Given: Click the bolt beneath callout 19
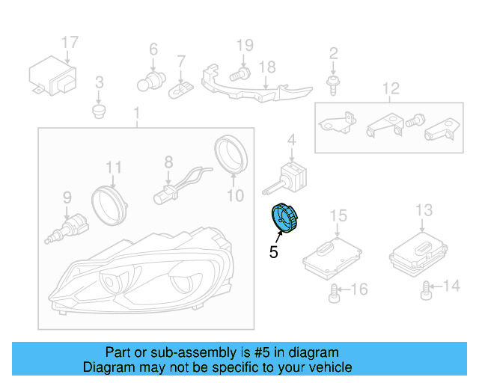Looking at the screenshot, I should click(239, 74).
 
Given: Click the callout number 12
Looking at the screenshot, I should click(391, 91).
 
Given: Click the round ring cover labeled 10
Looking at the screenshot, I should click(232, 153).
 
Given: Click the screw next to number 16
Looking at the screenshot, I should click(335, 292).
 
